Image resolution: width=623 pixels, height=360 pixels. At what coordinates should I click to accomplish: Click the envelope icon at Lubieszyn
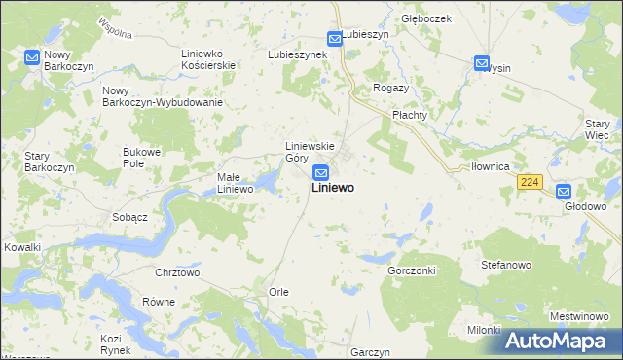[x=335, y=39]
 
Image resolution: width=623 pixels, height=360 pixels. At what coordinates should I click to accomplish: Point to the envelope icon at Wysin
[x=482, y=64]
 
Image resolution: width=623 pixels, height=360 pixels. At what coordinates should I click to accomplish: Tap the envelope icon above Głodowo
[x=564, y=192]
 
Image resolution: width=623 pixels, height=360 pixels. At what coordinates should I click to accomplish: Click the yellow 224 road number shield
[x=530, y=181]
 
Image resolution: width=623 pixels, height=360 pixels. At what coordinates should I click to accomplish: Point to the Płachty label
[x=410, y=115]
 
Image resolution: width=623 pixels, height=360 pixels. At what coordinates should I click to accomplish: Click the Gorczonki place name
[x=411, y=270]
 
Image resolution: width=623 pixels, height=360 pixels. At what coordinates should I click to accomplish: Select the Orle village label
[x=278, y=292]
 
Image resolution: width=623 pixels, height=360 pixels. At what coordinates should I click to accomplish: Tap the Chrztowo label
[x=177, y=273]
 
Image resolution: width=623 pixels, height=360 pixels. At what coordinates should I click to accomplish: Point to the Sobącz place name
[x=129, y=217]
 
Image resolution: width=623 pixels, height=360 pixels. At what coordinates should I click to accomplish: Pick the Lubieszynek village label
[x=297, y=54]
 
